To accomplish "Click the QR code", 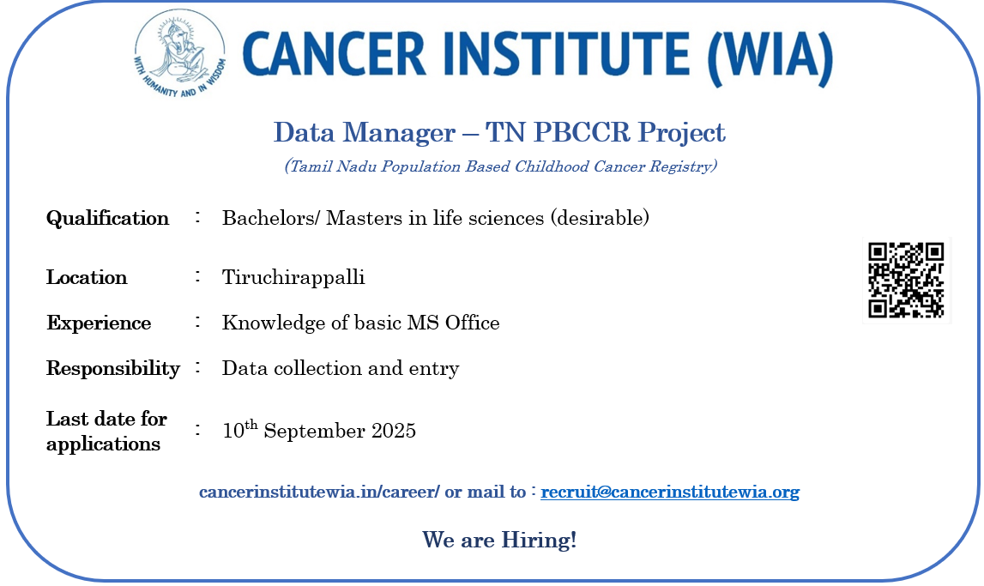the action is coord(906,280).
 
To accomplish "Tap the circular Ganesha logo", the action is coord(179,54).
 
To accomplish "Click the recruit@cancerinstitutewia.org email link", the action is coord(670,492).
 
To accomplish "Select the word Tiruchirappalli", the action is coord(293,276).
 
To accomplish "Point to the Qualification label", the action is coord(107,218).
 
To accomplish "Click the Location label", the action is coord(87,276).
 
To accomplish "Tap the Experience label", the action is coord(99,323).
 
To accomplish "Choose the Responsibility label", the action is coord(113,368).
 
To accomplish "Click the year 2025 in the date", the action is coord(394,431).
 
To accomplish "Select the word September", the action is coord(314,431).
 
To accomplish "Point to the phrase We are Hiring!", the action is coord(499,540).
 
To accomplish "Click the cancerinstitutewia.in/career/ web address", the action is coord(319,492).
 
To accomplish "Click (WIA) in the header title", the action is coord(770,57).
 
